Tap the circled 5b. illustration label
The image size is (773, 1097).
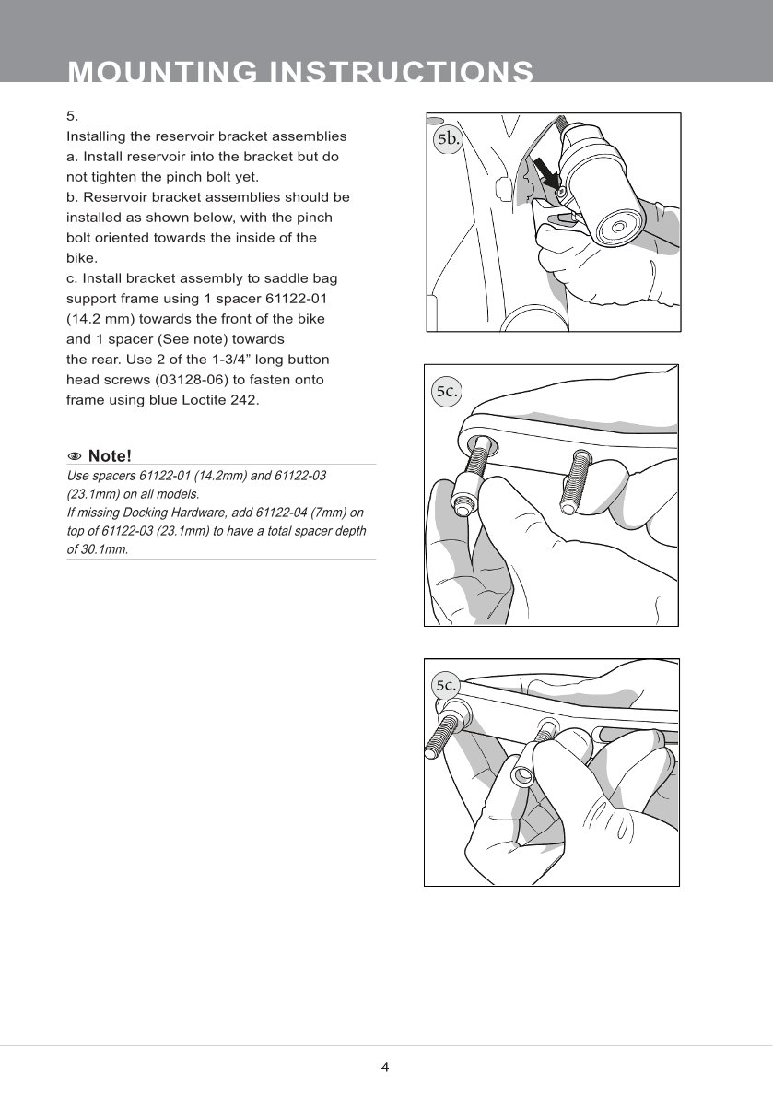[x=448, y=139]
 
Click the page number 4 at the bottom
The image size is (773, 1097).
[x=385, y=1068]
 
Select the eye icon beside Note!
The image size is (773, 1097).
[x=75, y=456]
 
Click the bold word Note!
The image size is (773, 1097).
[x=110, y=456]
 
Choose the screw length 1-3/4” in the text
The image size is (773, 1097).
[x=232, y=359]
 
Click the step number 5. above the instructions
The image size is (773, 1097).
[x=73, y=116]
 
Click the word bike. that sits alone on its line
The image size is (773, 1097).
[x=81, y=258]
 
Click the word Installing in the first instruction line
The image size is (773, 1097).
[x=95, y=136]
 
